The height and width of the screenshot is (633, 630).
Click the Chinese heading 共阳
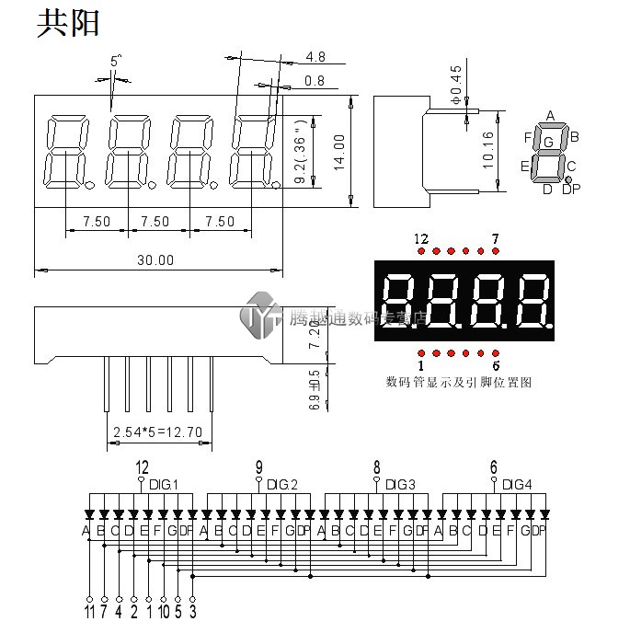67,24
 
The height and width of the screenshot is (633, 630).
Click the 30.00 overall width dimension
155,260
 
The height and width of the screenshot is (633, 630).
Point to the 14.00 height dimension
338,153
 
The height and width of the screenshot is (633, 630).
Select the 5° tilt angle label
116,61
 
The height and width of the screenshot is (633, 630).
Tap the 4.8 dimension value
315,58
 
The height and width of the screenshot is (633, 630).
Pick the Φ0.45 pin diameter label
456,84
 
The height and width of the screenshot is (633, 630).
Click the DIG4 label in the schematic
517,484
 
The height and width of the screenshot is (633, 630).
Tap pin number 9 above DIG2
259,466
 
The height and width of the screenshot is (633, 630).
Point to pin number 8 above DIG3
376,466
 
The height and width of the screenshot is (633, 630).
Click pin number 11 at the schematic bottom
88,610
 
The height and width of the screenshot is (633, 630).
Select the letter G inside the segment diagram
549,142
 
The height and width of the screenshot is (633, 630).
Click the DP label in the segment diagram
571,190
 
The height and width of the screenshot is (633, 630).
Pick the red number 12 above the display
421,239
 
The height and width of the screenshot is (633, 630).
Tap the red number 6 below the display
496,365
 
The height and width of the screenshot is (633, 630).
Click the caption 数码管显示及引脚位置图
459,382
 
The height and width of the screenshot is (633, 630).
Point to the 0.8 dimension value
315,81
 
